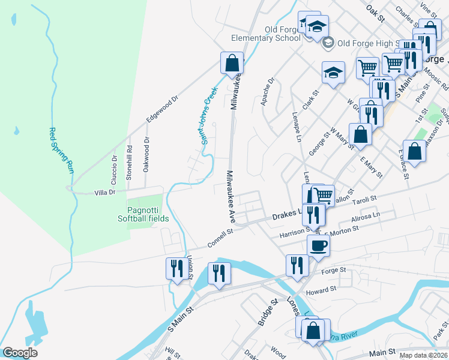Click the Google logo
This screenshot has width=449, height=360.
point(20,353)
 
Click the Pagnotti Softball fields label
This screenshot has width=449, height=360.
point(148,214)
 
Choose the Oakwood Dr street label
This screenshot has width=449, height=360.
point(146,154)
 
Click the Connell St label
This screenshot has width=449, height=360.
point(220,238)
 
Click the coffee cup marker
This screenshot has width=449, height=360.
point(318,245)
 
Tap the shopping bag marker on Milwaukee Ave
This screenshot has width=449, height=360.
point(232,63)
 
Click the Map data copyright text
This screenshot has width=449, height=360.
point(424,355)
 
